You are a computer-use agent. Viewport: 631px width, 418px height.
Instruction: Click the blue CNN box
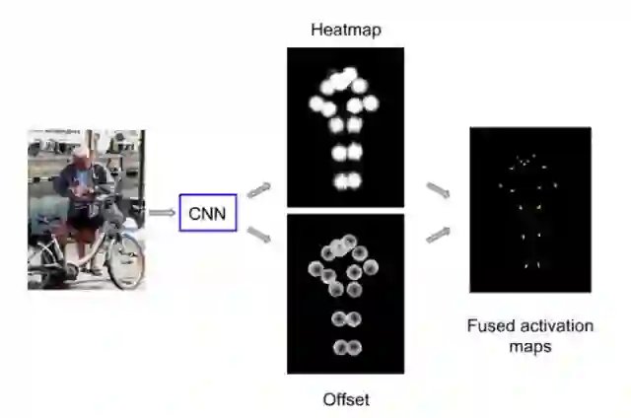[x=208, y=212]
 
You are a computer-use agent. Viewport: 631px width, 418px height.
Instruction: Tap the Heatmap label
[x=345, y=30]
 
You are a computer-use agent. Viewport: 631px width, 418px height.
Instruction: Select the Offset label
[x=345, y=399]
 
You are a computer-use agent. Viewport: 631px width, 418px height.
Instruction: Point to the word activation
[x=553, y=324]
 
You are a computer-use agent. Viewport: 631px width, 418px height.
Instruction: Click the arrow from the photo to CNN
[x=161, y=212]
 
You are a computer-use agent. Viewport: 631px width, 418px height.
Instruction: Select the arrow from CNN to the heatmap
[x=258, y=189]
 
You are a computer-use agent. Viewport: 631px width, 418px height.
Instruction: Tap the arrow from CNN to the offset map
[x=258, y=234]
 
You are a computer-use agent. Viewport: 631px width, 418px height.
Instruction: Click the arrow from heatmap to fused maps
[x=439, y=189]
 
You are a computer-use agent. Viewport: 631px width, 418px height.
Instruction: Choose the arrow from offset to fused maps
[x=439, y=234]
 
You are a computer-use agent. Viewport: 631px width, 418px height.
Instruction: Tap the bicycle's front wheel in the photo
[x=125, y=258]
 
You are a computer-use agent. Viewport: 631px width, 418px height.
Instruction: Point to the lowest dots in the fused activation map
[x=532, y=264]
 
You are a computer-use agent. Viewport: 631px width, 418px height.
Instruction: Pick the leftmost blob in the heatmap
[x=316, y=104]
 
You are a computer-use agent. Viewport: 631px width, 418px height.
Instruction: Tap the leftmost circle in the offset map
[x=315, y=268]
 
